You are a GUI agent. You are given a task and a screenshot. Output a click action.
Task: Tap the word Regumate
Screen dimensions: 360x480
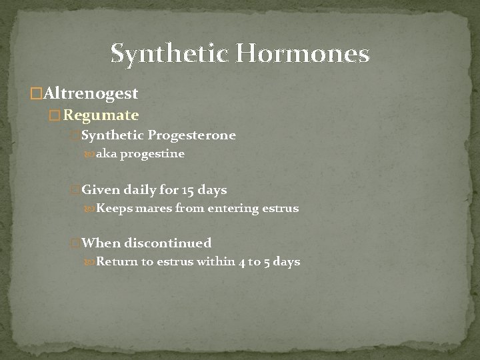(x=101, y=115)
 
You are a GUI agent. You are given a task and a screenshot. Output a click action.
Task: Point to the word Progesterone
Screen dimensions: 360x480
(x=192, y=135)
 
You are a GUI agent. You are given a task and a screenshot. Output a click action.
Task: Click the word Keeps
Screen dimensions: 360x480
(x=114, y=209)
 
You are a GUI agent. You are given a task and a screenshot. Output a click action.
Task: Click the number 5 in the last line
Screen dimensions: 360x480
(x=267, y=261)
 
